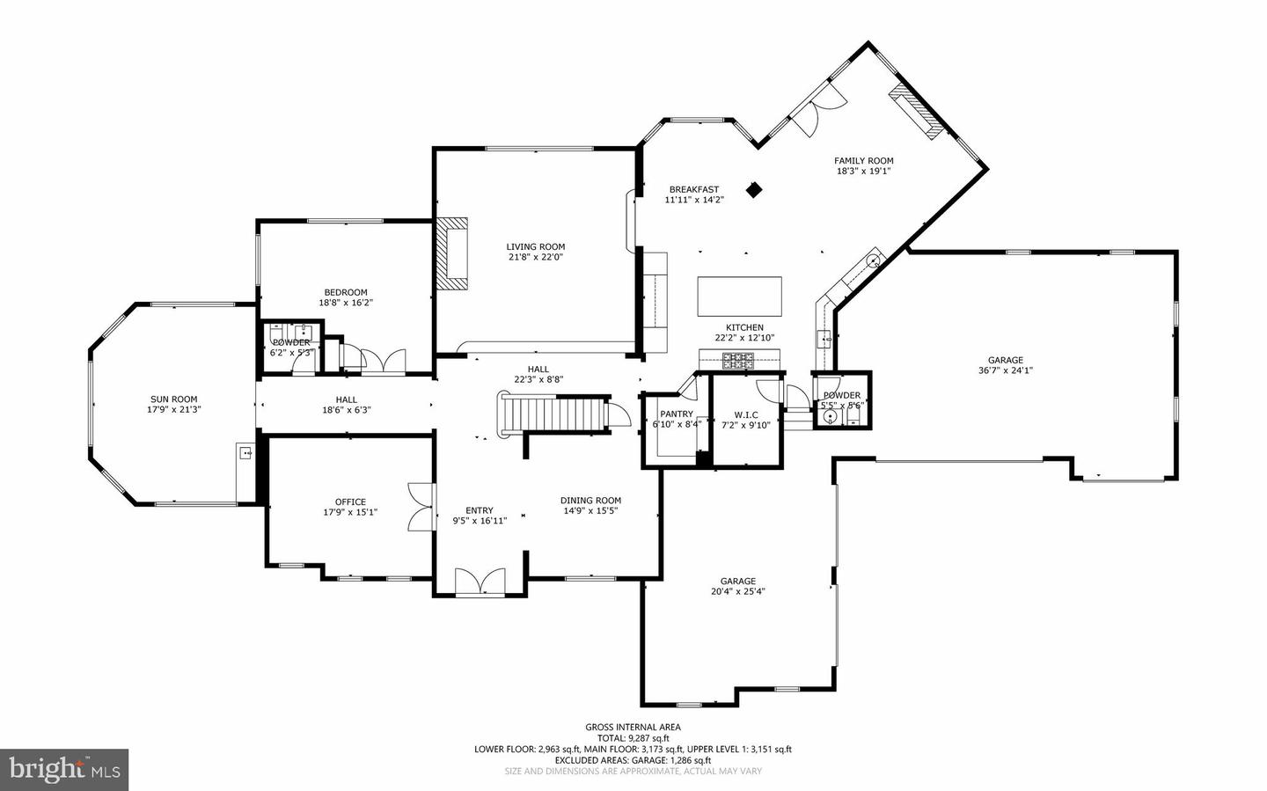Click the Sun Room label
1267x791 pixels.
click(x=172, y=399)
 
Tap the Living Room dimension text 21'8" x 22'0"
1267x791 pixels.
click(x=535, y=258)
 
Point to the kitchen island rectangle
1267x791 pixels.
click(x=739, y=297)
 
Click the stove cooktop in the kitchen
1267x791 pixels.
click(x=738, y=359)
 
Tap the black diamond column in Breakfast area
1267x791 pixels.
click(x=753, y=189)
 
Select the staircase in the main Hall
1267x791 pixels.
click(x=554, y=414)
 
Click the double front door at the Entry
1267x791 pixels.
click(x=480, y=582)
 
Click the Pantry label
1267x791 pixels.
click(x=677, y=414)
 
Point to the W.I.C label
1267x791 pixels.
click(x=745, y=414)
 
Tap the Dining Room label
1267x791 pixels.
click(x=590, y=501)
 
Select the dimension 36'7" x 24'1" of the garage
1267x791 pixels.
click(x=1005, y=370)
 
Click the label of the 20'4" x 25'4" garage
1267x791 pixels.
click(x=737, y=581)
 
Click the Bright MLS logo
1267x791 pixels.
click(x=64, y=770)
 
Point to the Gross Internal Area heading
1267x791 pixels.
click(x=633, y=727)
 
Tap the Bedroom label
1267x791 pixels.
click(x=345, y=292)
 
